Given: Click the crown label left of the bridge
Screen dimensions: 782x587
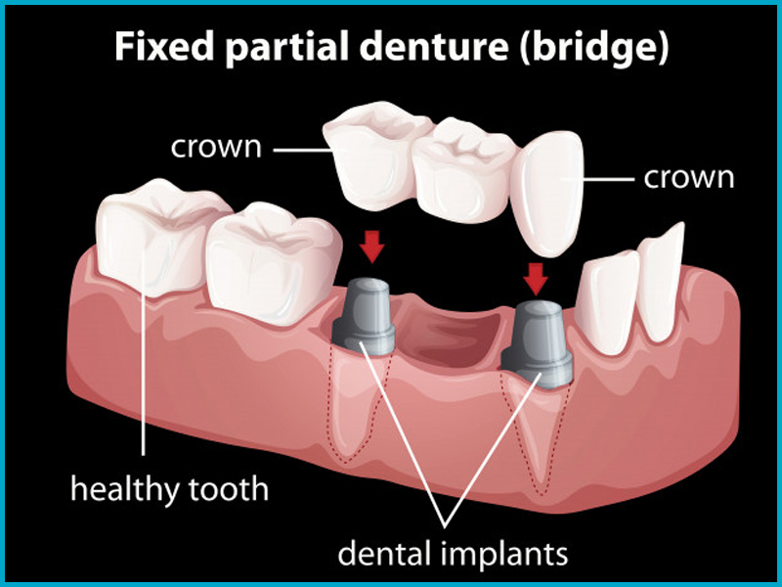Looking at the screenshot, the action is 216,148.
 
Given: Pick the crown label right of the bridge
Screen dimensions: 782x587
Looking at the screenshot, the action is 689,178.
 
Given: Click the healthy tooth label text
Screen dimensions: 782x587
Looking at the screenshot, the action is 169,488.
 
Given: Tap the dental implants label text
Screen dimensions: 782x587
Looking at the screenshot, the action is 453,553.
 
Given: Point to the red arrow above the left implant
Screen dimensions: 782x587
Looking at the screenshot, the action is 372,247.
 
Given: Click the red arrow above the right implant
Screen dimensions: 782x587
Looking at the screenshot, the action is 536,279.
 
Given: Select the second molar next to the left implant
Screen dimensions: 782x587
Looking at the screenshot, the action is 274,263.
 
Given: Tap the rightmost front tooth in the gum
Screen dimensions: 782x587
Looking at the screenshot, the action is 661,284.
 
